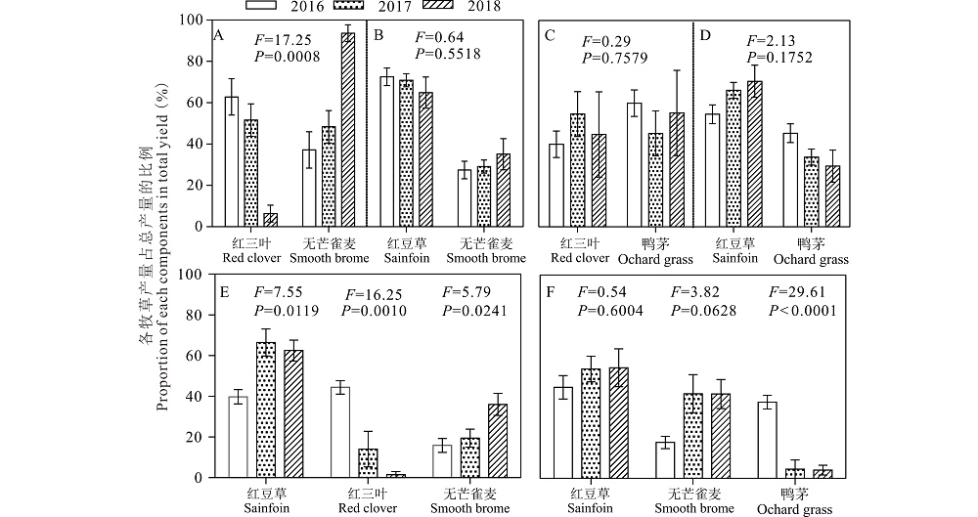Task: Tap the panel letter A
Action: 219,36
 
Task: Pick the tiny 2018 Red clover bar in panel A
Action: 270,219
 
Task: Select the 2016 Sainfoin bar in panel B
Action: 386,151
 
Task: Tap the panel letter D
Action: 705,36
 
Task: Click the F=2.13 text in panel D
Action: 770,40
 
